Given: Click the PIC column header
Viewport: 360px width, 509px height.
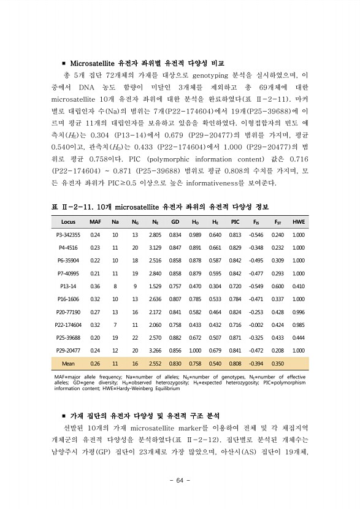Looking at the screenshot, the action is (235, 221).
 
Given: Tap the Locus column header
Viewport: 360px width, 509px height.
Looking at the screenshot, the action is (68, 221).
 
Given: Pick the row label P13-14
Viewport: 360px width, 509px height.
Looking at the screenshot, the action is (68, 286).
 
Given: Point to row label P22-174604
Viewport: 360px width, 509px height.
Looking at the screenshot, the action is (68, 324).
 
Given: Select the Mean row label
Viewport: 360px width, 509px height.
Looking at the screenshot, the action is (68, 363).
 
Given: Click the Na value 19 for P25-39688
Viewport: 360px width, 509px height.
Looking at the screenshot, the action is (115, 337).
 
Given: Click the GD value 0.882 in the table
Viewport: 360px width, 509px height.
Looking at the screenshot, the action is (175, 337).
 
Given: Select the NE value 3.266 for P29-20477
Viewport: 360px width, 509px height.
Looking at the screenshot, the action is (155, 350).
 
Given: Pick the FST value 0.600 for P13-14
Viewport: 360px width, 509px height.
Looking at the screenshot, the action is (277, 286).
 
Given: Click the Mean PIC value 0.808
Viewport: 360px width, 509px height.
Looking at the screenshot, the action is (235, 363).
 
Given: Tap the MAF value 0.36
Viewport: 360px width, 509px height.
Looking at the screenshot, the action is (95, 286).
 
